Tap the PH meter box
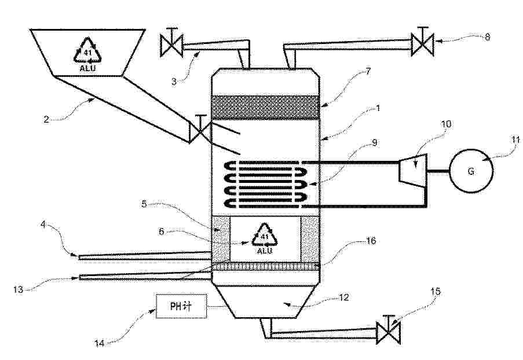(x=181, y=306)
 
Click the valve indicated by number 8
(x=422, y=42)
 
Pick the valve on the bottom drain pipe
(x=388, y=330)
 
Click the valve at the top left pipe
(x=171, y=43)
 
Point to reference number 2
(x=46, y=119)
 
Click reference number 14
(x=100, y=343)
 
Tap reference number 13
(x=19, y=289)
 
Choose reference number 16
(x=371, y=240)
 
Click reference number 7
(x=368, y=71)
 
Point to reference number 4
(x=43, y=225)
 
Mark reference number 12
(x=343, y=297)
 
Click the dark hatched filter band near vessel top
(x=266, y=108)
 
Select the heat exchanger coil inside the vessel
(x=266, y=184)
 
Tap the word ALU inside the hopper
(x=87, y=68)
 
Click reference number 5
(x=144, y=204)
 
